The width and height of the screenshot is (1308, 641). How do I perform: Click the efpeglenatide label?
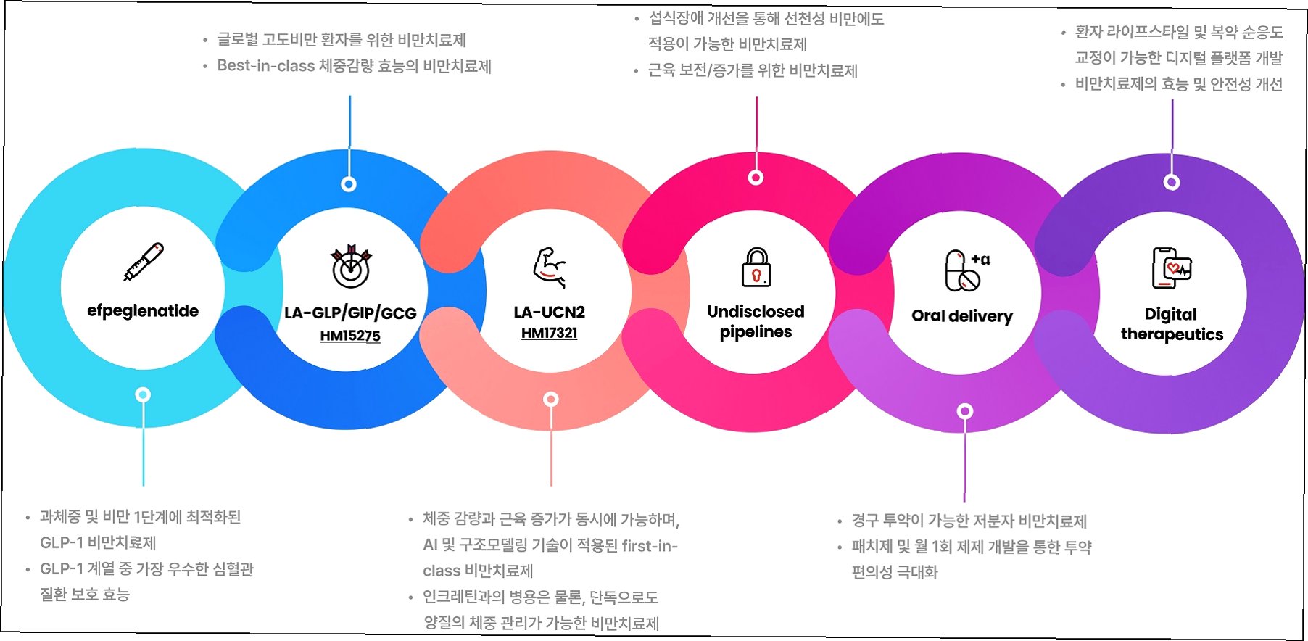(x=143, y=311)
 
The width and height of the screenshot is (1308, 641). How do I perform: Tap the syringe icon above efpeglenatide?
(x=144, y=262)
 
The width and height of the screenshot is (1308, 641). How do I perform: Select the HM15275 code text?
(x=350, y=336)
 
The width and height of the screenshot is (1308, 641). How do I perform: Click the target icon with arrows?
(x=350, y=265)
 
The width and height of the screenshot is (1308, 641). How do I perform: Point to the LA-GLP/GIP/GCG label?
(x=350, y=313)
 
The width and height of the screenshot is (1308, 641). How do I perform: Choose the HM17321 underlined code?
(x=549, y=333)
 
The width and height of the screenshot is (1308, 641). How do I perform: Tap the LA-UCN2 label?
(x=549, y=313)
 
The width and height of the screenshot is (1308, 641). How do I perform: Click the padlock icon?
(x=756, y=267)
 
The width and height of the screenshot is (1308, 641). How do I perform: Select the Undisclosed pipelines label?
(x=756, y=321)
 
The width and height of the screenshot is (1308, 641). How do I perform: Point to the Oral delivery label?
(x=962, y=316)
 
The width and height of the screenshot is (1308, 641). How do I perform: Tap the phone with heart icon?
(x=1172, y=268)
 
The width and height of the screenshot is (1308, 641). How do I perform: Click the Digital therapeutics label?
(x=1172, y=324)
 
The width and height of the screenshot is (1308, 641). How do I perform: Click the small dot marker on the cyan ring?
(x=143, y=395)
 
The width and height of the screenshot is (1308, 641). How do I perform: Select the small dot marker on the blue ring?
(x=349, y=184)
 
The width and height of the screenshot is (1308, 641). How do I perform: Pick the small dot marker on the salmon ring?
(x=551, y=400)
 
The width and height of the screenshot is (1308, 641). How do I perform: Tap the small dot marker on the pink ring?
(x=756, y=178)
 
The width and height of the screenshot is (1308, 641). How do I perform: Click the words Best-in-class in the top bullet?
(x=265, y=66)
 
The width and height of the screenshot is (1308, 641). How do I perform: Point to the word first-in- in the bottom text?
(x=650, y=545)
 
